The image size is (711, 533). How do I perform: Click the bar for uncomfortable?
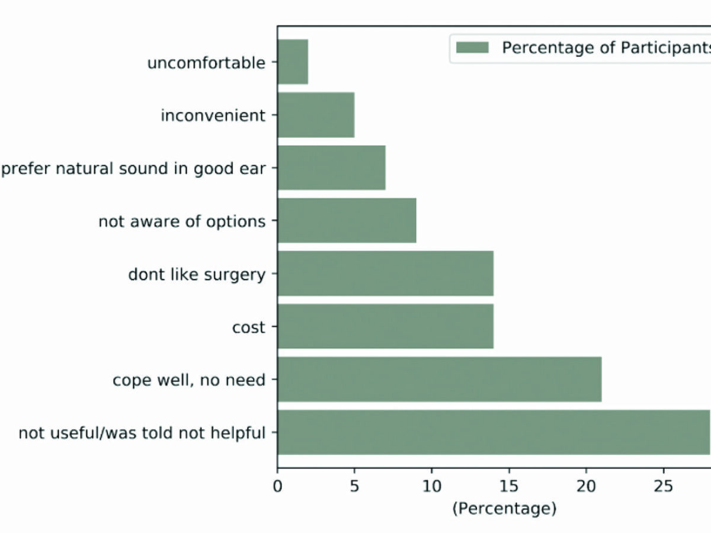point(293,62)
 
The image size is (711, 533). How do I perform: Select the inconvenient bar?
point(316,115)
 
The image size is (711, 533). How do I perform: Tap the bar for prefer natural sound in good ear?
point(332,168)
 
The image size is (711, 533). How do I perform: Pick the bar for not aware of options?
point(347,220)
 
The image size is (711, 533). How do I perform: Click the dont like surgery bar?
point(386,274)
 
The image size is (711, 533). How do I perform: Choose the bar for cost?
point(386,326)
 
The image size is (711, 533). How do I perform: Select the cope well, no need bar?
point(440,379)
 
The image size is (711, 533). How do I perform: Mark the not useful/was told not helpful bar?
point(494,432)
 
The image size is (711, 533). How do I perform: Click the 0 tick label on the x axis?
point(277,486)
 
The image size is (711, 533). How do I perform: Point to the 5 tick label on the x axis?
point(354,486)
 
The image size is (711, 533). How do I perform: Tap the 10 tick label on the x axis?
point(432,486)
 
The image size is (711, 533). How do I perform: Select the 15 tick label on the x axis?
point(509,486)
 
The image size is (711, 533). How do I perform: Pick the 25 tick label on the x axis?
point(664,486)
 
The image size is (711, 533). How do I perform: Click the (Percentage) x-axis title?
point(504,509)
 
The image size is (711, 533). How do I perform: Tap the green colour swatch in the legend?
point(472,47)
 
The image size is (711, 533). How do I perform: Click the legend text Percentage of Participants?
point(606,48)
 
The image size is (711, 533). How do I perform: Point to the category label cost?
point(249,327)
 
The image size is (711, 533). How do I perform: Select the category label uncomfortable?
point(206,62)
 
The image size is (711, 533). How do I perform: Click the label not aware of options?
point(182,221)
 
